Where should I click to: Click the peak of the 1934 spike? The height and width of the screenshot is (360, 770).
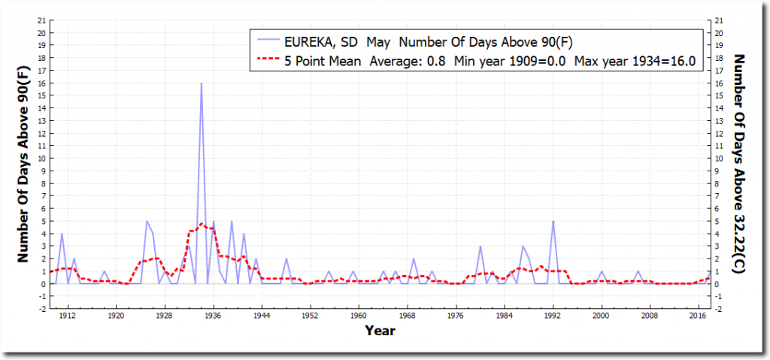(x=201, y=83)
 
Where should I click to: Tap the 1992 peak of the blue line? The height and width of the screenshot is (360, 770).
(x=553, y=221)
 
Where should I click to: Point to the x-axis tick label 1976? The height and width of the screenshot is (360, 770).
(x=456, y=316)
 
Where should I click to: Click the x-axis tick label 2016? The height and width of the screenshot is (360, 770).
(x=697, y=316)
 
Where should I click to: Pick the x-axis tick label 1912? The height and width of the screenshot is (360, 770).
(x=68, y=316)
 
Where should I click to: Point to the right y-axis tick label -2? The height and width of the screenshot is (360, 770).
(x=721, y=309)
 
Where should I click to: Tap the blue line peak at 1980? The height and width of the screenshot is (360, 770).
(x=480, y=247)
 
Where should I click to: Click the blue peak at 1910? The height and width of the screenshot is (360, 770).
(x=62, y=234)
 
